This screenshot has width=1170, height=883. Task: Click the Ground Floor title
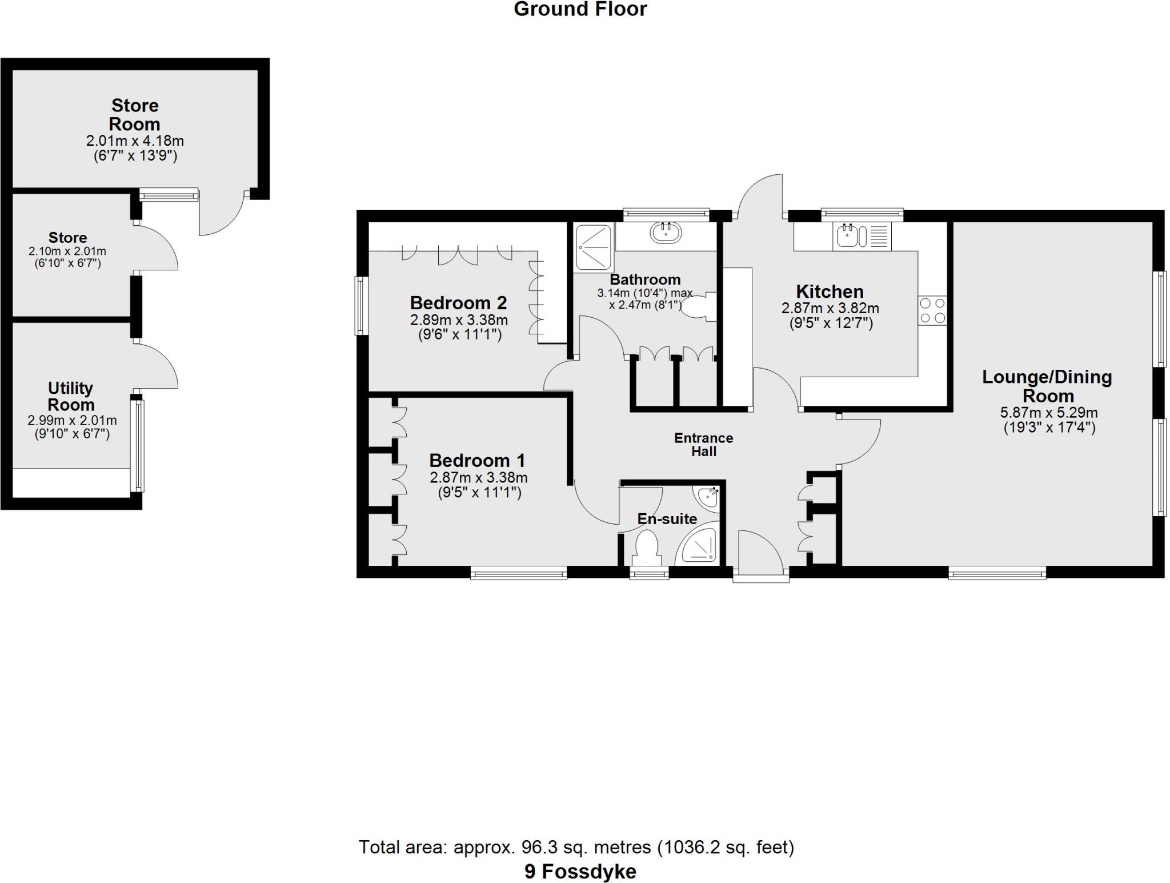(x=580, y=9)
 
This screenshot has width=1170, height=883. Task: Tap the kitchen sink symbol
(x=846, y=235)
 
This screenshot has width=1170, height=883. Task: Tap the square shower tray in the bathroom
(x=593, y=247)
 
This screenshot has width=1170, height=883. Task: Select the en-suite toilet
(x=647, y=547)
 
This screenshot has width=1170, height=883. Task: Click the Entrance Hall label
(x=703, y=445)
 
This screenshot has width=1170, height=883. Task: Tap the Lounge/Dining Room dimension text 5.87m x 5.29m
(x=1049, y=413)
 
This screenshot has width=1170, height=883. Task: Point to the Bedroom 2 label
(x=458, y=302)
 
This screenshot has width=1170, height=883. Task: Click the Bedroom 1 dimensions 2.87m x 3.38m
(x=478, y=477)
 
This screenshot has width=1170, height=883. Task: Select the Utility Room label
(x=70, y=396)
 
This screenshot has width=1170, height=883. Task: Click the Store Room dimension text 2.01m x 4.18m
(x=135, y=141)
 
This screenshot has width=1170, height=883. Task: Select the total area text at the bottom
(x=576, y=847)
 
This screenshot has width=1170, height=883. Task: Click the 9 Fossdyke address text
(x=580, y=872)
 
